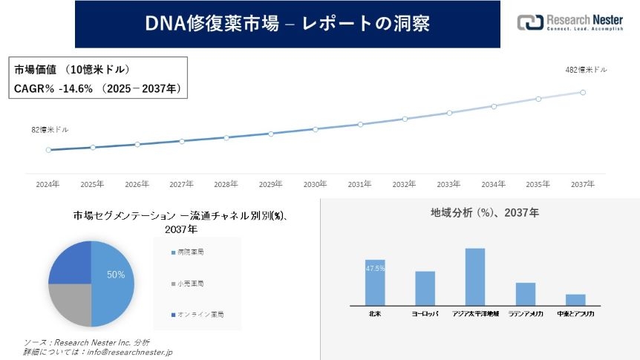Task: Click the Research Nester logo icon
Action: (529, 23)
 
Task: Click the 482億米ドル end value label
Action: (586, 70)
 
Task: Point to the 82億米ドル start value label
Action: (50, 129)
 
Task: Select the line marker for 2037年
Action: (583, 93)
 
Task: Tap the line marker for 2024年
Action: (48, 150)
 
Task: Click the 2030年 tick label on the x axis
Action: (315, 184)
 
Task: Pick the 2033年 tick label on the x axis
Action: (448, 184)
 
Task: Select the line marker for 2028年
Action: (226, 137)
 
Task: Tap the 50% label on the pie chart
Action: (116, 275)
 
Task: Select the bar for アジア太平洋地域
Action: (475, 276)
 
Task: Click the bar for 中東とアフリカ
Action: (575, 299)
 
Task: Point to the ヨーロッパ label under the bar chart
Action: (425, 314)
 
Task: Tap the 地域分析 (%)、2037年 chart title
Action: (485, 213)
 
